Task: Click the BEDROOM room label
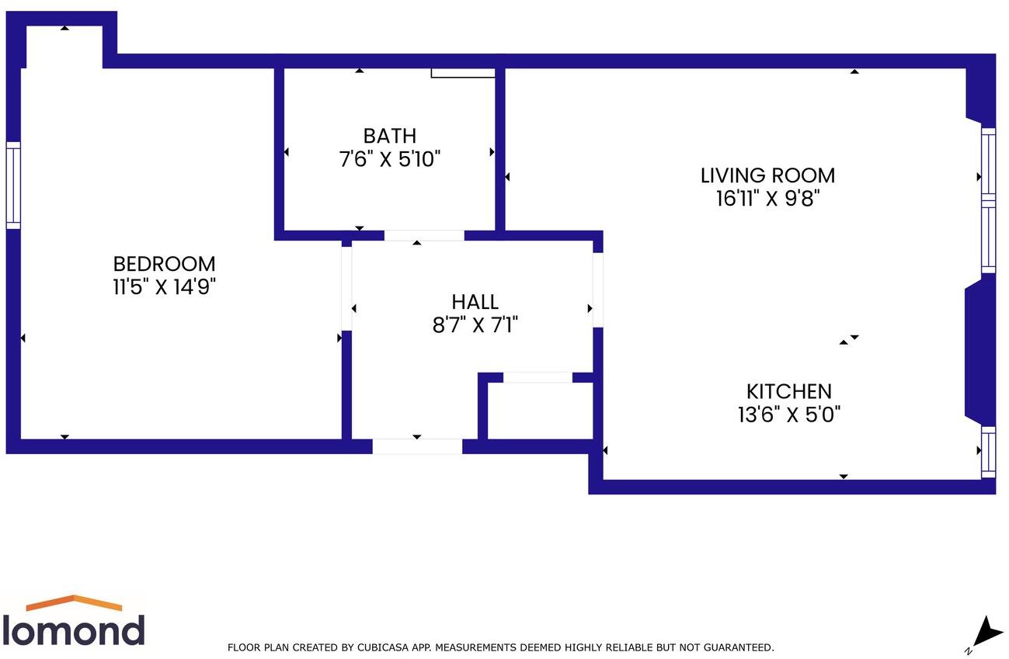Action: pyautogui.click(x=164, y=264)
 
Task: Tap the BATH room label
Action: pyautogui.click(x=390, y=137)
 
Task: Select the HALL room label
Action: pyautogui.click(x=475, y=301)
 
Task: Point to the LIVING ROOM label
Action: pyautogui.click(x=767, y=175)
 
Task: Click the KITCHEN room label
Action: pyautogui.click(x=788, y=391)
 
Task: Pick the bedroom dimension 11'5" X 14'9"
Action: pyautogui.click(x=164, y=287)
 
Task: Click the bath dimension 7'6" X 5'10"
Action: pyautogui.click(x=390, y=160)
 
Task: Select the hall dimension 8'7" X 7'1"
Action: pyautogui.click(x=475, y=324)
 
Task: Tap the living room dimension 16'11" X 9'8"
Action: pyautogui.click(x=767, y=199)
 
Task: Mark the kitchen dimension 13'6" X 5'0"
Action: pyautogui.click(x=788, y=414)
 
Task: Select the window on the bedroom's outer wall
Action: pyautogui.click(x=13, y=186)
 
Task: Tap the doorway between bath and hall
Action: pyautogui.click(x=424, y=235)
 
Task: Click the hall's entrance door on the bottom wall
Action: pyautogui.click(x=417, y=446)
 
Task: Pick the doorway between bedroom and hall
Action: pyautogui.click(x=346, y=285)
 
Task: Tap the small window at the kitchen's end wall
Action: pyautogui.click(x=988, y=452)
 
